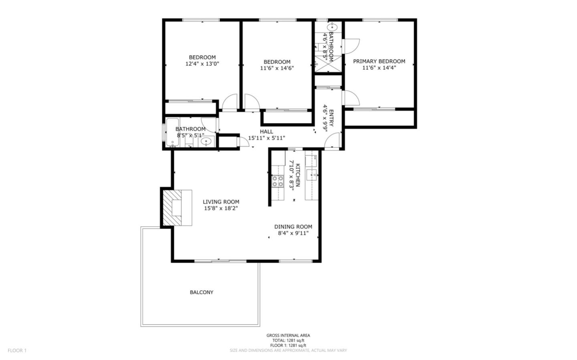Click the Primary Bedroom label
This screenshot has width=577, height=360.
379,61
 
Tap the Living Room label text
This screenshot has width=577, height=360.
221,202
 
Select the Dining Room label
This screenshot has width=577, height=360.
293,227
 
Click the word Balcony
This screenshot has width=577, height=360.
201,292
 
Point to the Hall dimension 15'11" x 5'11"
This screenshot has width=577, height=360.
266,138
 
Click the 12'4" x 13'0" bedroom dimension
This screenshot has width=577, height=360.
202,64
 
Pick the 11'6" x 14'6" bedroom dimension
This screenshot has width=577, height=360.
277,68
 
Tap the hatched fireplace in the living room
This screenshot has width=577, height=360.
173,208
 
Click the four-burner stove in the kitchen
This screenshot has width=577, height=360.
278,181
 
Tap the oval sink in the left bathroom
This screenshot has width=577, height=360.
206,141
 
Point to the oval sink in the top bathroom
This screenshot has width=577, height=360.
332,27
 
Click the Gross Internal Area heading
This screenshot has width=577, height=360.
288,336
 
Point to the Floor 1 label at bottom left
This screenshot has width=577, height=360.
17,350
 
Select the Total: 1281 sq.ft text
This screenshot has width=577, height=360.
288,340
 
